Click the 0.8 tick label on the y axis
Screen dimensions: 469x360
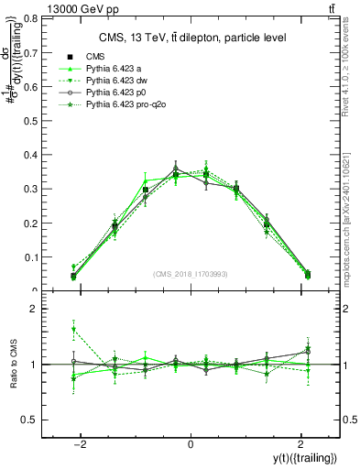pos(31,18)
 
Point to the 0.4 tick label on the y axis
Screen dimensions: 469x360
pos(31,154)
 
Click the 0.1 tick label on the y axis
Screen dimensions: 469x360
pos(31,256)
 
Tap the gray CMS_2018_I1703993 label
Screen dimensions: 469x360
pos(191,274)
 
